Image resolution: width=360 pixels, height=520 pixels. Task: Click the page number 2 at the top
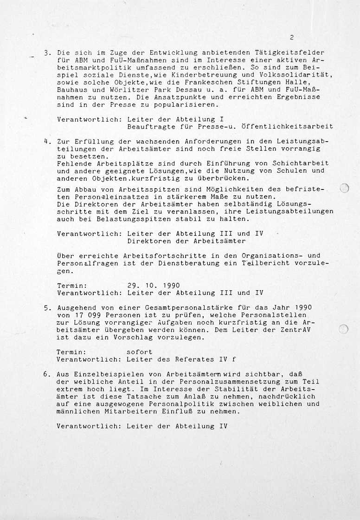tap(291, 38)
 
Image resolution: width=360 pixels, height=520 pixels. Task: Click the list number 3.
tap(47, 53)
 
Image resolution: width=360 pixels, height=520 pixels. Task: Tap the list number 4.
tap(47, 141)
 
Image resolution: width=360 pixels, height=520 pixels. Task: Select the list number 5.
tap(47, 307)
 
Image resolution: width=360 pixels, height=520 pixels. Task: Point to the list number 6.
tap(47, 374)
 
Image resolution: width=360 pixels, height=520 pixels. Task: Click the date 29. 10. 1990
tap(153, 286)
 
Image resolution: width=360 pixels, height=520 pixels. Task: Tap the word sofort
tap(139, 352)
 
